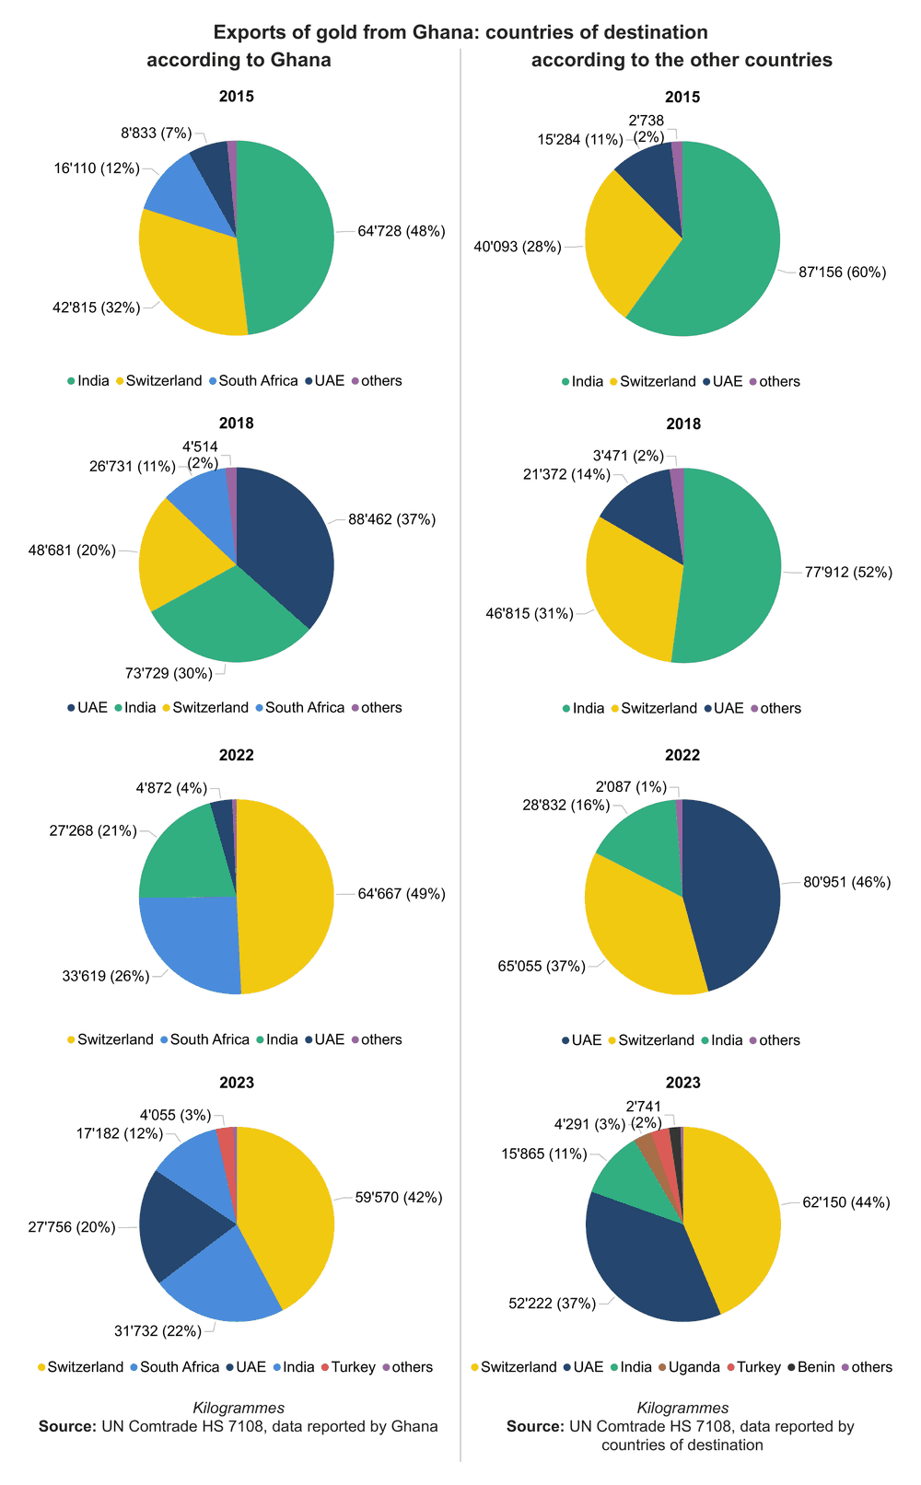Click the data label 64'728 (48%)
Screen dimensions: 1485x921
(x=401, y=231)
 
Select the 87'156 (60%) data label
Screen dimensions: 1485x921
(x=842, y=273)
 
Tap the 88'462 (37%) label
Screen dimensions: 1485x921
(x=391, y=519)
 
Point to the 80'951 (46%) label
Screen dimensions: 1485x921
(x=846, y=882)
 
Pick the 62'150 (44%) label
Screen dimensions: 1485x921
(x=845, y=1202)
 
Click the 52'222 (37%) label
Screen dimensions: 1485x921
(x=552, y=1303)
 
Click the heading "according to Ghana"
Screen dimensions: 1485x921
(x=239, y=60)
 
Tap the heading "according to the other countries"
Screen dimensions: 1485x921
(x=682, y=60)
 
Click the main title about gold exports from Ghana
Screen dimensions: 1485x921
(x=460, y=32)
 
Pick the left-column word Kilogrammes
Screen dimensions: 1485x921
(x=239, y=1408)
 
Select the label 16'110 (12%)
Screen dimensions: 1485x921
(x=96, y=168)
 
